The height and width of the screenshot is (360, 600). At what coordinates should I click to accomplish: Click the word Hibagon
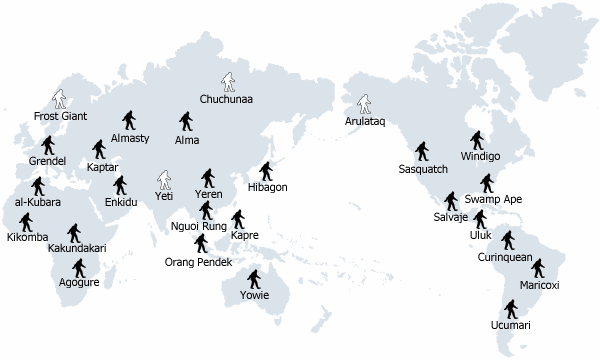click(x=266, y=187)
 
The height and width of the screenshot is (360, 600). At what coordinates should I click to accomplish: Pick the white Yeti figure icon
click(x=164, y=181)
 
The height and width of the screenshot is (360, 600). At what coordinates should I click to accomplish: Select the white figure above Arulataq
click(x=365, y=104)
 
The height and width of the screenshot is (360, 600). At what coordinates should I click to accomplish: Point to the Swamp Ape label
click(x=492, y=199)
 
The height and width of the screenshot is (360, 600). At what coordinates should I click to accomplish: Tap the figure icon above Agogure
click(x=79, y=267)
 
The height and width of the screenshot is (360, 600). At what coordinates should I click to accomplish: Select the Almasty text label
click(x=130, y=137)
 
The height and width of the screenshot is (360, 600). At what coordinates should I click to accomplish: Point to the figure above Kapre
click(x=239, y=219)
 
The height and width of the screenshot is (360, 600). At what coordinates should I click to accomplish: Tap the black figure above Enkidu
click(x=120, y=186)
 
